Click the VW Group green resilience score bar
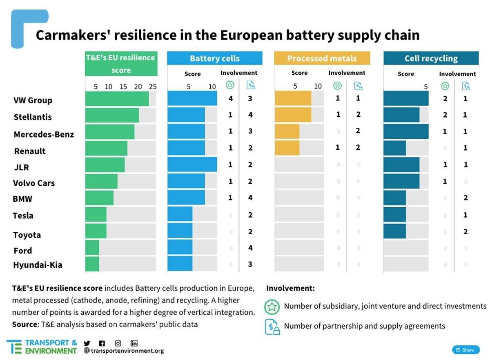click(x=117, y=99)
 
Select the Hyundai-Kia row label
click(x=38, y=265)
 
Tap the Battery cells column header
click(x=214, y=58)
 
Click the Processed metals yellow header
click(x=322, y=58)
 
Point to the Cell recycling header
click(x=431, y=58)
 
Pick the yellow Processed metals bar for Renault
click(x=287, y=148)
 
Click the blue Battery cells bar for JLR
click(x=192, y=164)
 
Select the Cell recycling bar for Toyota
click(x=394, y=231)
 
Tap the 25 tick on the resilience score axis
click(x=153, y=87)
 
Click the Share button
click(x=465, y=350)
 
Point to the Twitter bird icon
click(x=87, y=344)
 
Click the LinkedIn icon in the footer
click(x=134, y=344)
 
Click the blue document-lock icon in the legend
click(x=272, y=327)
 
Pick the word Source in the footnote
click(x=24, y=324)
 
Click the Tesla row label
click(x=23, y=216)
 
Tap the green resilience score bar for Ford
click(x=92, y=248)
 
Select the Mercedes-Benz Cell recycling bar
click(x=405, y=131)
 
